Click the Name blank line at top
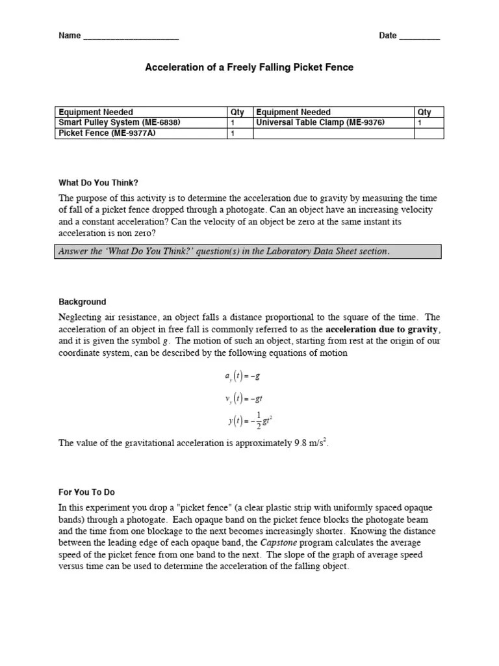click(131, 36)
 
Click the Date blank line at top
click(419, 36)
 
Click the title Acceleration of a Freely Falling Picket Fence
click(249, 68)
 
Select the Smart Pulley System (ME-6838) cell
click(119, 122)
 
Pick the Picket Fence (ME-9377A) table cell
click(107, 133)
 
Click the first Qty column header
click(237, 112)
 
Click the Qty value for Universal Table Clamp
click(420, 122)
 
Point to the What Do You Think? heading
click(99, 183)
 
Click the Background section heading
click(83, 302)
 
